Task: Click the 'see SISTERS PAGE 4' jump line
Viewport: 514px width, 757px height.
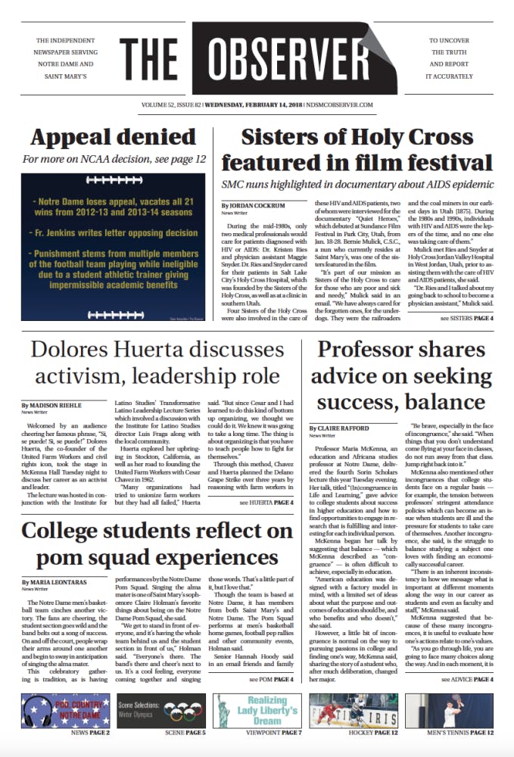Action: [x=466, y=319]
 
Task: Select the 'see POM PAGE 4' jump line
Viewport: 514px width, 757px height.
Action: [x=272, y=679]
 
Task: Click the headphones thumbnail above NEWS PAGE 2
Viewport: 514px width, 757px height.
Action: [x=66, y=709]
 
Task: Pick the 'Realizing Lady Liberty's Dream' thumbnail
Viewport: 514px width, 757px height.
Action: [x=257, y=709]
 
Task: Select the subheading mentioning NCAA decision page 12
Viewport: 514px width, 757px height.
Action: [x=114, y=160]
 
